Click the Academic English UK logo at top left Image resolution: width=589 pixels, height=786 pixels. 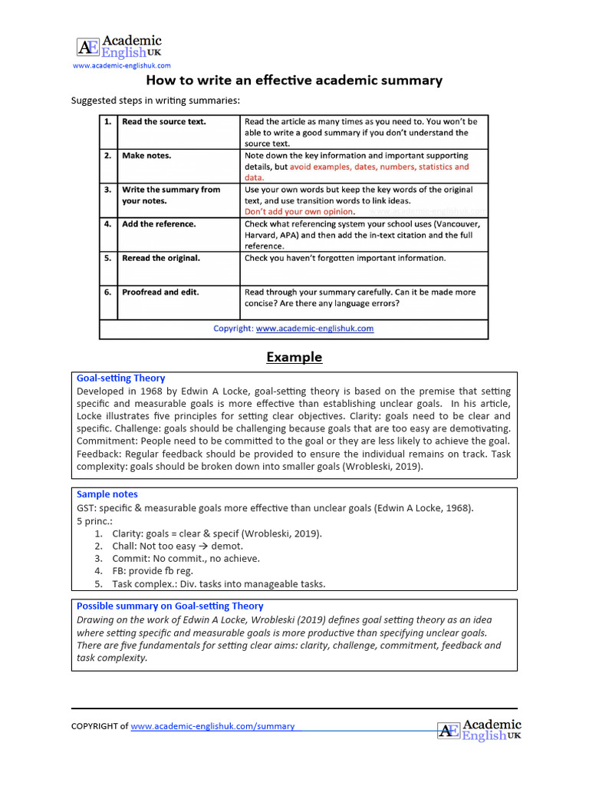119,47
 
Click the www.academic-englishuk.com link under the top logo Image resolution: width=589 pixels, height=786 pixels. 121,67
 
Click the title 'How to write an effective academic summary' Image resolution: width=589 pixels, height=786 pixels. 294,81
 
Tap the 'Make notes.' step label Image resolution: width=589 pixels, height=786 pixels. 146,155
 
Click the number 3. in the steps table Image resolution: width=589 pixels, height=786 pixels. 108,190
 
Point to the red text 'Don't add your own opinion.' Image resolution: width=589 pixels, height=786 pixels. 299,211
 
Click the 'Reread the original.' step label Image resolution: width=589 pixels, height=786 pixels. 160,258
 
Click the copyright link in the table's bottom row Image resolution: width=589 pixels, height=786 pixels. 314,329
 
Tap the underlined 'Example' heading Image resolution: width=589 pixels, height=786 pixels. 294,357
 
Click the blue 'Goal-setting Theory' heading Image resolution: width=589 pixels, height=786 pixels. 120,378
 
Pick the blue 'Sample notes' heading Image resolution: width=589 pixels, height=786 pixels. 107,494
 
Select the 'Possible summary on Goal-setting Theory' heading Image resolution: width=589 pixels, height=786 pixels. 169,606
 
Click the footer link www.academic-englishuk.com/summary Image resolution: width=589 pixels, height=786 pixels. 212,726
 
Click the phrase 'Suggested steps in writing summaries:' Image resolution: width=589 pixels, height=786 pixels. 155,101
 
